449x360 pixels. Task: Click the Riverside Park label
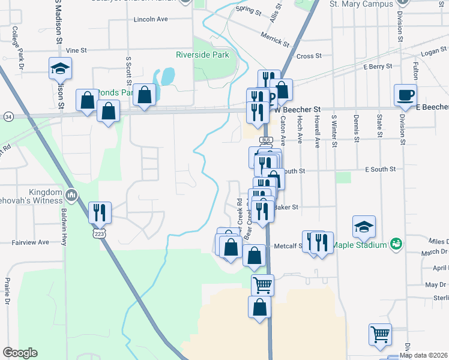point(202,55)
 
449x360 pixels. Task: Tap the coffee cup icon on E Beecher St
point(405,95)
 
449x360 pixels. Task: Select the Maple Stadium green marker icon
point(396,244)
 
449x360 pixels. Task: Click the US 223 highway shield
point(100,232)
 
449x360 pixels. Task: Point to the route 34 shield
point(8,116)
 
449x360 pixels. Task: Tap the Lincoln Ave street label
point(151,19)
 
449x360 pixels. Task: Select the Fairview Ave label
point(31,242)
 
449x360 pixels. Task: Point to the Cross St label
point(309,56)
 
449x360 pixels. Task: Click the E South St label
point(380,170)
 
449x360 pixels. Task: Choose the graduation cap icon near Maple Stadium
point(364,226)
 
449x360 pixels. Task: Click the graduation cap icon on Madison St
point(60,68)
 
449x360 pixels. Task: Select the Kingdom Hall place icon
point(71,194)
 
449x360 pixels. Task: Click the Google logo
point(20,353)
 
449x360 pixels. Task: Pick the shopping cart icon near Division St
point(380,334)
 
